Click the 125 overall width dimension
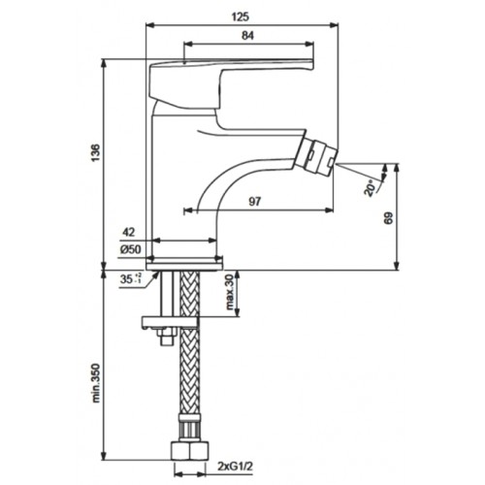(241, 16)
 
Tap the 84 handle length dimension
(247, 36)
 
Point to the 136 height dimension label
(96, 153)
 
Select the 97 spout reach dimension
(254, 202)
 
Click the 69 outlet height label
(389, 218)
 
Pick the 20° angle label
(371, 187)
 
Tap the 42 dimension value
(128, 232)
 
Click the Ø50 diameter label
(131, 249)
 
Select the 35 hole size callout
(131, 278)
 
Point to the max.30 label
(229, 292)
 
